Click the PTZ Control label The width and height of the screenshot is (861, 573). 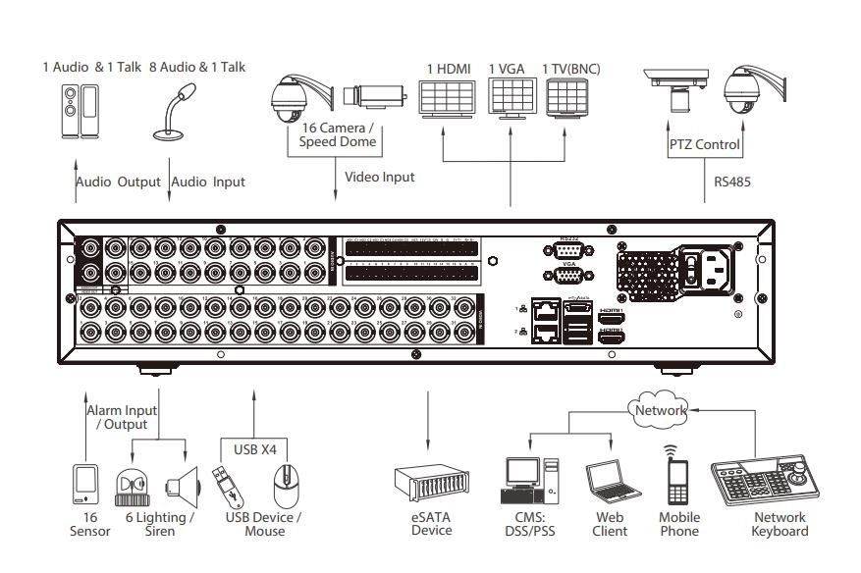click(x=704, y=144)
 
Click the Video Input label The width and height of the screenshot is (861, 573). click(x=379, y=177)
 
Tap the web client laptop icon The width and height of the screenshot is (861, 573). click(x=610, y=482)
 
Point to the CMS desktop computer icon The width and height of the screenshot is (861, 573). click(x=529, y=481)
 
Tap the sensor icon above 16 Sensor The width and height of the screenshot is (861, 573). click(x=86, y=484)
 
